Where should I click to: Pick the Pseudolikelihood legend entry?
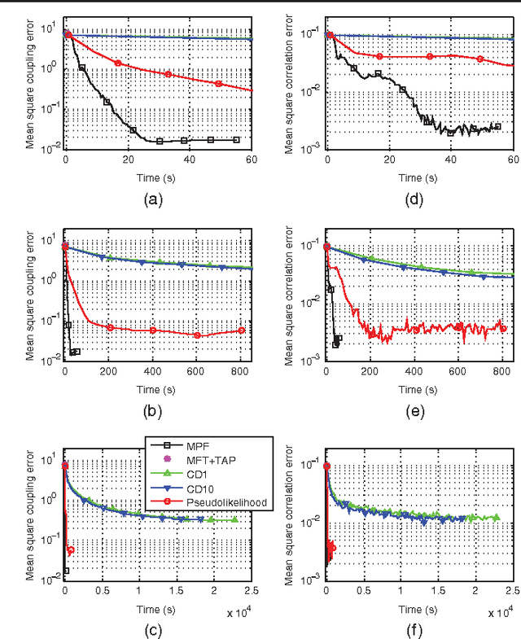[216, 504]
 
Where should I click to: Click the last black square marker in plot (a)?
[237, 140]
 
